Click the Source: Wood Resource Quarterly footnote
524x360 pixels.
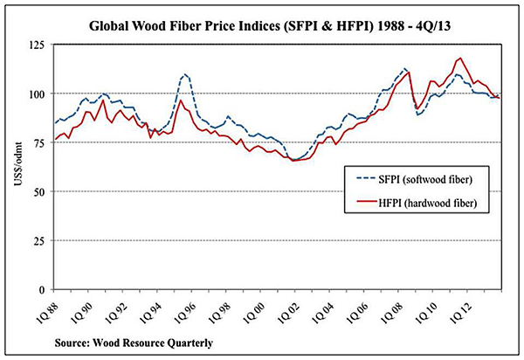(x=134, y=343)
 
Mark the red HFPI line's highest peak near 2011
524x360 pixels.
(x=460, y=59)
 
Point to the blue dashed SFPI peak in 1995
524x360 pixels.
(x=186, y=74)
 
